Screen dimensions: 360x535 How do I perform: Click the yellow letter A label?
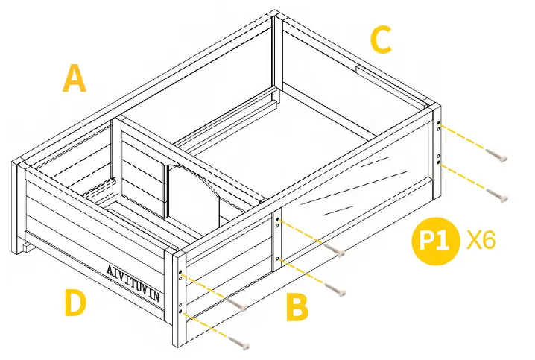(74, 78)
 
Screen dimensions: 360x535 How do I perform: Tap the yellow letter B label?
(297, 306)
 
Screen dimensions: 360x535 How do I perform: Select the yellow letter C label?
(381, 40)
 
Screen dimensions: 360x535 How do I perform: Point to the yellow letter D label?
(75, 304)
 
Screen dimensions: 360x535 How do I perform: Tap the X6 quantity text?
(481, 241)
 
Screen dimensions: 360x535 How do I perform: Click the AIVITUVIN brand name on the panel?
(133, 280)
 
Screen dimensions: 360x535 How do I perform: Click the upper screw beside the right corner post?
(497, 156)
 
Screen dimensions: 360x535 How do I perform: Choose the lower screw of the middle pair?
(338, 290)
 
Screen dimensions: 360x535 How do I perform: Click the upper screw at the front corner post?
(238, 304)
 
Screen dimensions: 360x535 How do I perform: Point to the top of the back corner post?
(276, 14)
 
